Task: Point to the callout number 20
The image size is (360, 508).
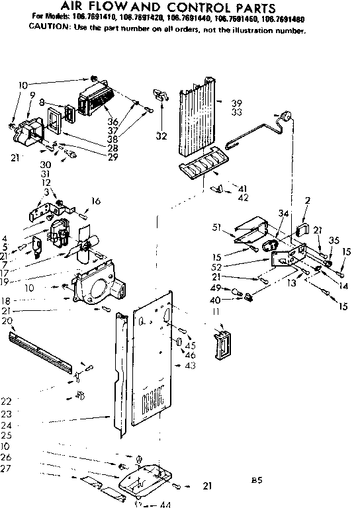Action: (x=7, y=321)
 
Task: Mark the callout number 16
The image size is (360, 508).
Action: (x=96, y=201)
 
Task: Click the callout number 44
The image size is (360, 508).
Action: (x=165, y=504)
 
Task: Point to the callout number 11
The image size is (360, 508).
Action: (x=216, y=310)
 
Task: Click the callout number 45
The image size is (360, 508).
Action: (x=191, y=345)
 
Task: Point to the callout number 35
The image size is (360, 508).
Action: (x=334, y=240)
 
